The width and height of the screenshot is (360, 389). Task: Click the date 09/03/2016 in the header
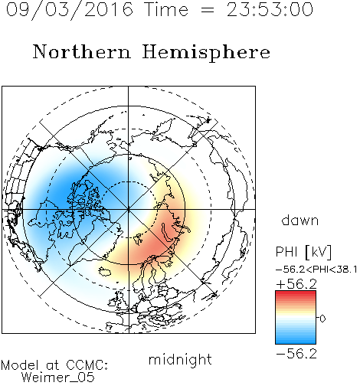[x=70, y=10]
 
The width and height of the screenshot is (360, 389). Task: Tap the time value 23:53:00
[x=270, y=10]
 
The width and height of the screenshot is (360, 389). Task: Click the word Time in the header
[x=166, y=10]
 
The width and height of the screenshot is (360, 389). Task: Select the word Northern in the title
[x=82, y=51]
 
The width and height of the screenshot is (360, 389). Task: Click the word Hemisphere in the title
[x=206, y=52]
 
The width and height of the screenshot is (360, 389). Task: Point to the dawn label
[x=300, y=220]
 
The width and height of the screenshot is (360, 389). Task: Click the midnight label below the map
[x=180, y=359]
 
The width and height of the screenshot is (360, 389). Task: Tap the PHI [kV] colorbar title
[x=303, y=252]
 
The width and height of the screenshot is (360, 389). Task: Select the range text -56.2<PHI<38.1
[x=316, y=270]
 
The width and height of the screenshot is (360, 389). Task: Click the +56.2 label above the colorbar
[x=296, y=284]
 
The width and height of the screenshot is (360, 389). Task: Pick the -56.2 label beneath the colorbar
[x=296, y=354]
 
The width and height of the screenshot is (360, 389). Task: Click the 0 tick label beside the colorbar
[x=322, y=319]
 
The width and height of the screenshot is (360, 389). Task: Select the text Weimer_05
[x=58, y=378]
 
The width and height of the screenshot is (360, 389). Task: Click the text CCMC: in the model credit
[x=87, y=365]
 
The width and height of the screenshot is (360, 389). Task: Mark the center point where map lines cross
[x=128, y=209]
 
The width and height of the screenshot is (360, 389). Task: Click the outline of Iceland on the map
[x=105, y=272]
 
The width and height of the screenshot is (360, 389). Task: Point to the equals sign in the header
[x=208, y=11]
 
